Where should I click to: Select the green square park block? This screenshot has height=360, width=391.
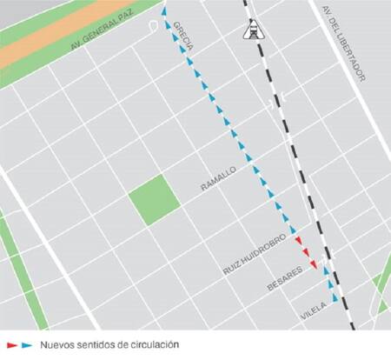pyautogui.click(x=155, y=200)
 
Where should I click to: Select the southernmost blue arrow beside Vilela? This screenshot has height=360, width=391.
pyautogui.click(x=334, y=298)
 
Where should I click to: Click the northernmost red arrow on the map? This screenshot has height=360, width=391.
pyautogui.click(x=298, y=240)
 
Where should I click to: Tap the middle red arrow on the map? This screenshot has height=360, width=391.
pyautogui.click(x=307, y=253)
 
